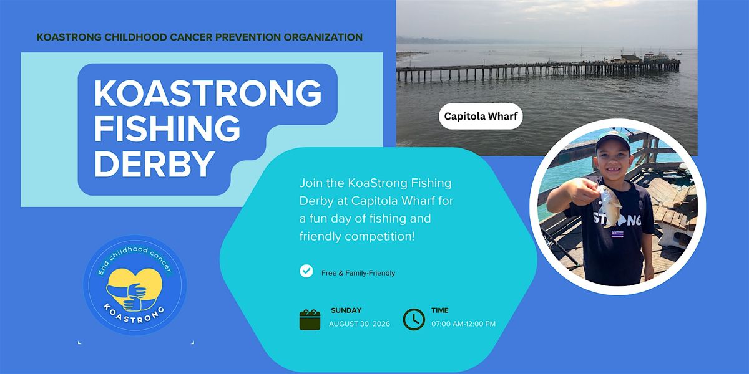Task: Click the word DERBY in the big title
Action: pyautogui.click(x=155, y=164)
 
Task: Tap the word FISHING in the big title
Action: pyautogui.click(x=167, y=128)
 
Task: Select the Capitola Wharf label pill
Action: pyautogui.click(x=481, y=116)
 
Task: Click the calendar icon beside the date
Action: pyautogui.click(x=310, y=320)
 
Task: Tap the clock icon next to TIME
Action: pyautogui.click(x=414, y=320)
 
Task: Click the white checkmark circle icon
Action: pyautogui.click(x=306, y=271)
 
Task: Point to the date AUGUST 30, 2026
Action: pyautogui.click(x=360, y=324)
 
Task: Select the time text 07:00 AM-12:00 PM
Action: pyautogui.click(x=463, y=324)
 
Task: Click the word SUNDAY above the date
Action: pyautogui.click(x=346, y=310)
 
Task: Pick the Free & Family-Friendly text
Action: pyautogui.click(x=358, y=273)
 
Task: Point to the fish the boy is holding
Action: pyautogui.click(x=609, y=205)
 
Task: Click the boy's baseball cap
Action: pyautogui.click(x=612, y=140)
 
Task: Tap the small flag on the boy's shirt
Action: pyautogui.click(x=617, y=234)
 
